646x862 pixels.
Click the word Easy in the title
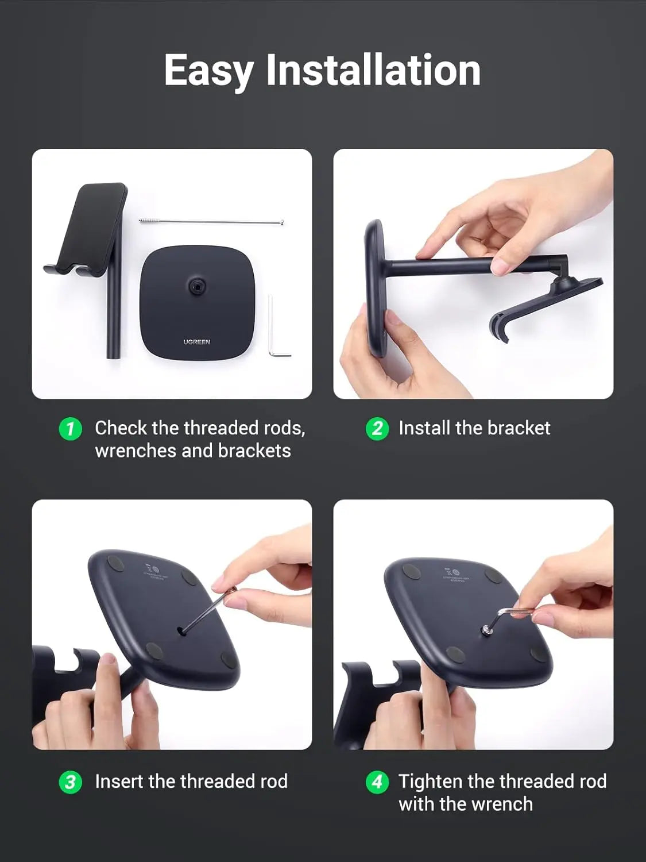[208, 70]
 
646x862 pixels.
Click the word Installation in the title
[373, 70]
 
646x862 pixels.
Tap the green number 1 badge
[71, 429]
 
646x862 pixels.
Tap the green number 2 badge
[377, 429]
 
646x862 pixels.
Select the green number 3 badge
[71, 782]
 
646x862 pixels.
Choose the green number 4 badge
[377, 782]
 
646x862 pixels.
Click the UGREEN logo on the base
[196, 342]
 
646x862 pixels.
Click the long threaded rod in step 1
[211, 221]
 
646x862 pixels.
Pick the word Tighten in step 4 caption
[431, 782]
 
